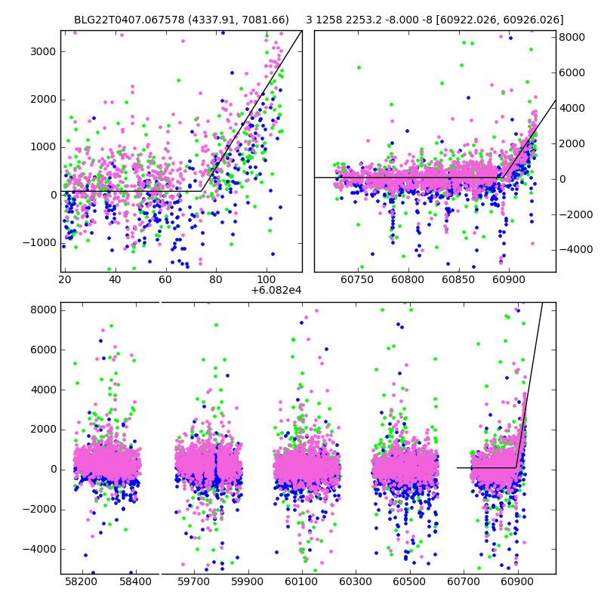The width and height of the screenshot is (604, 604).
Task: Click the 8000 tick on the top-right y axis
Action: (x=572, y=37)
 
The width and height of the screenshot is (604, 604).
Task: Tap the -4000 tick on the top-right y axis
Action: (x=570, y=249)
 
